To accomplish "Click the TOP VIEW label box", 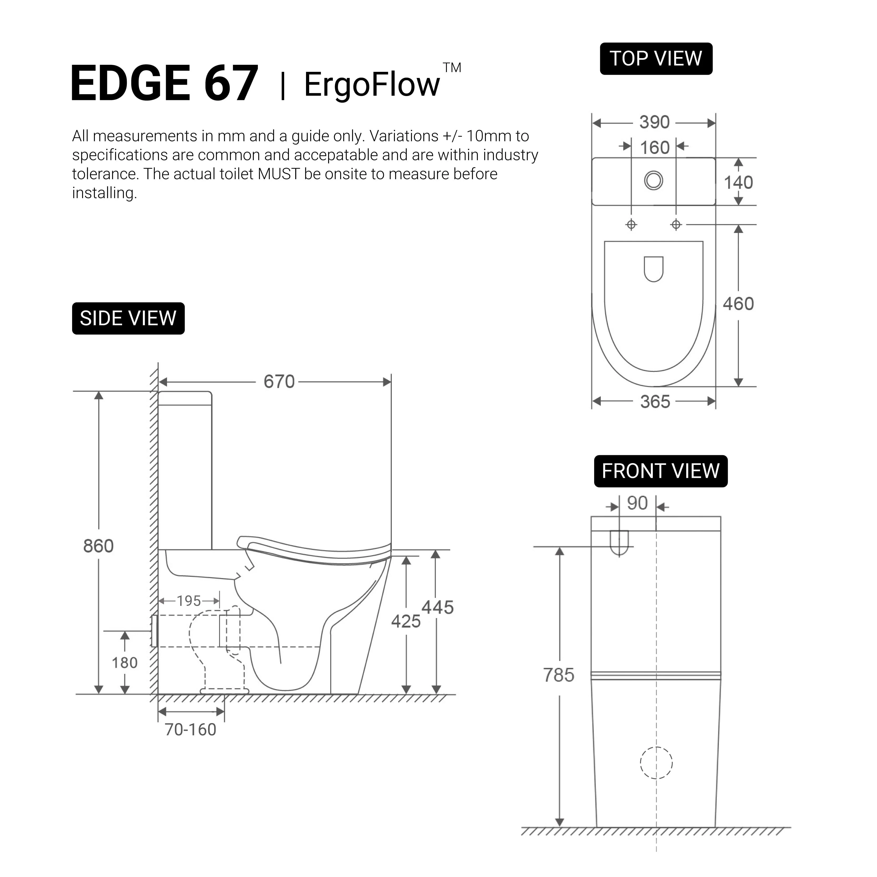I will (x=656, y=59).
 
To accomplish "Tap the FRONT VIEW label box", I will (x=660, y=471).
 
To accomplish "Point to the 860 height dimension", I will (x=98, y=546).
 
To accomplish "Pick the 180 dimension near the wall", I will (x=124, y=663).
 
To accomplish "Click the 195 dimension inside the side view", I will (x=189, y=601).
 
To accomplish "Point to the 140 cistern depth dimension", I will (x=738, y=183).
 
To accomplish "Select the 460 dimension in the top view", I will (x=738, y=304).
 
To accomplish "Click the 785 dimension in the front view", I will (x=559, y=675).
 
